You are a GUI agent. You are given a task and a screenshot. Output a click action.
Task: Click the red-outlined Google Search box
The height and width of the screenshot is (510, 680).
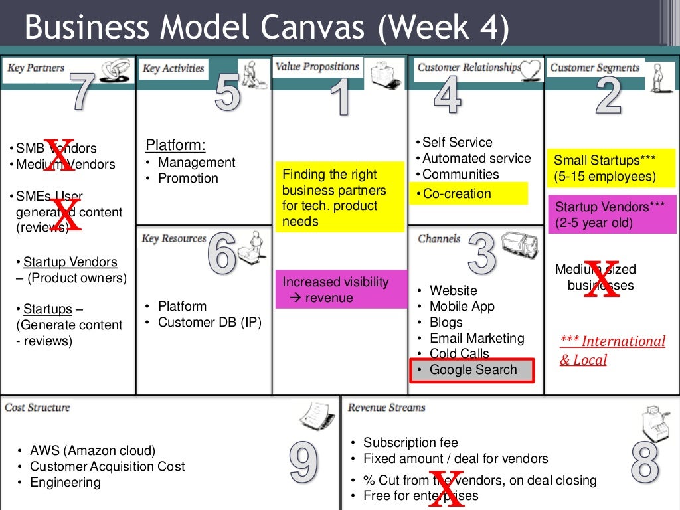[x=471, y=371]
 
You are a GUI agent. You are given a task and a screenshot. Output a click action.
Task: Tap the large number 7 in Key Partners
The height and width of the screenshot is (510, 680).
[x=81, y=92]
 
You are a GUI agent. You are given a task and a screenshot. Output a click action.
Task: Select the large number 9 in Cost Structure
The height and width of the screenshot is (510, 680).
[x=303, y=462]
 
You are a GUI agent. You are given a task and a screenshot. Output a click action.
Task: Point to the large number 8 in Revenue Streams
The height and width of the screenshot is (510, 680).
[x=644, y=462]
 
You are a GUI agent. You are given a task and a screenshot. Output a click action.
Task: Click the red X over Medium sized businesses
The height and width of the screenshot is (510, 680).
[x=602, y=280]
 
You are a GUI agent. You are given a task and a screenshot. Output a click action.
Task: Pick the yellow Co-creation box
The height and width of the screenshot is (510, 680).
[x=469, y=194]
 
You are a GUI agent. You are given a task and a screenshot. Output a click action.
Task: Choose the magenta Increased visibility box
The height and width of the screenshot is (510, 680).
[x=341, y=290]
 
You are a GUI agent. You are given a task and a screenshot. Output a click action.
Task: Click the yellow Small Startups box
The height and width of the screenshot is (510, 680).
[x=611, y=168]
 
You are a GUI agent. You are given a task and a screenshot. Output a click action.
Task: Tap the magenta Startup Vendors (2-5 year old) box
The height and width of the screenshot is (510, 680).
[x=611, y=214]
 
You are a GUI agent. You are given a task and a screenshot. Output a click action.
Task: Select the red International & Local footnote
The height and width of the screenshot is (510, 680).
[x=612, y=350]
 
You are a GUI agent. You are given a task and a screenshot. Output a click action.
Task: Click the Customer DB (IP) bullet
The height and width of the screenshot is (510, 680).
[x=210, y=323]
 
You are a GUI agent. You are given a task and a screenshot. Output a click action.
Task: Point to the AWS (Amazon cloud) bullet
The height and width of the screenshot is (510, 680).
[x=92, y=450]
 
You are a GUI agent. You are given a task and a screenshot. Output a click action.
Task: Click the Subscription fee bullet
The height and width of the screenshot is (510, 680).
[x=410, y=442]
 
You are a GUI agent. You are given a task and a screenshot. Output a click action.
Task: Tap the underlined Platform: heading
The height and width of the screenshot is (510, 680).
[x=175, y=145]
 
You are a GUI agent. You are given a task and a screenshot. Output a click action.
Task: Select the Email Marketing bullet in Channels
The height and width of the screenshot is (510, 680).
[x=477, y=339]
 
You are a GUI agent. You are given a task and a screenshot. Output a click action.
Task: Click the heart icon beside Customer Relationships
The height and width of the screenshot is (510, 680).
[x=531, y=69]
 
